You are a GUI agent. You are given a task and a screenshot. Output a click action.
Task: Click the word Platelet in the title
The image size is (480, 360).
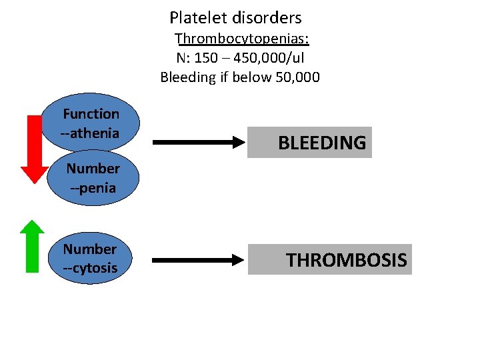195,18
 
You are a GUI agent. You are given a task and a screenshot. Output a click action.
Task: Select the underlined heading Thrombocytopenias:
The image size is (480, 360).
245,38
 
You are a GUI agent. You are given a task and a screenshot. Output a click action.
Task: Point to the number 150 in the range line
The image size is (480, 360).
208,57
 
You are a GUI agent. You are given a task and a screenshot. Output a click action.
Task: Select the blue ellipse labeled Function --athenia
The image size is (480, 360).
91,123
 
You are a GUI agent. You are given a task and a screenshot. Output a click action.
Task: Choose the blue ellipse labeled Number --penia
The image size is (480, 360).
93,178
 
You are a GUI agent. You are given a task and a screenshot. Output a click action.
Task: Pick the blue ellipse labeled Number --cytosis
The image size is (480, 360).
90,259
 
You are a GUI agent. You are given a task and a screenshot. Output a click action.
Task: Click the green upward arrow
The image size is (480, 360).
32,246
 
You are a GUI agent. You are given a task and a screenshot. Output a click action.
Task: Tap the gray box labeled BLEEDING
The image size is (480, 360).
309,142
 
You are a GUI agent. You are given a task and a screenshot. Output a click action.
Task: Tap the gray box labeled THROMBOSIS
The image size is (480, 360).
330,259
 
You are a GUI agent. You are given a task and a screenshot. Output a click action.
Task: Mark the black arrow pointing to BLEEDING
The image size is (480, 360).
199,142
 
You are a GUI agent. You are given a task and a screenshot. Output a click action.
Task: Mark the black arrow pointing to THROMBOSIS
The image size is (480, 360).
199,259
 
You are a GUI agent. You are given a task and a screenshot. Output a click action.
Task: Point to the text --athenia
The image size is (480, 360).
91,133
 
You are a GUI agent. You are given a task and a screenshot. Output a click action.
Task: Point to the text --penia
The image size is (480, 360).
93,188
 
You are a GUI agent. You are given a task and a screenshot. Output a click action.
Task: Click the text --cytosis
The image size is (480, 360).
90,268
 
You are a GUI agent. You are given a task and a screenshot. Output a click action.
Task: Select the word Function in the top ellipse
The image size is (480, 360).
91,114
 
